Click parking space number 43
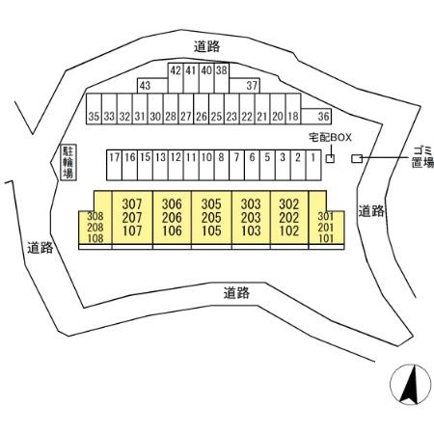pyautogui.click(x=146, y=86)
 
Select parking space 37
pyautogui.click(x=253, y=86)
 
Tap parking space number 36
pyautogui.click(x=323, y=116)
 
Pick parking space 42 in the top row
pyautogui.click(x=176, y=70)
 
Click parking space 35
pyautogui.click(x=94, y=116)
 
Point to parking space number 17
pyautogui.click(x=114, y=157)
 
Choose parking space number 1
pyautogui.click(x=313, y=157)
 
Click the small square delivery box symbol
pyautogui.click(x=330, y=158)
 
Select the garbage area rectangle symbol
pyautogui.click(x=356, y=158)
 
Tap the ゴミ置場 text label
pyautogui.click(x=422, y=156)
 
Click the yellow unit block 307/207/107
pyautogui.click(x=133, y=217)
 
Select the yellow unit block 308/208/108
pyautogui.click(x=95, y=228)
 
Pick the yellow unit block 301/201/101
pyautogui.click(x=325, y=228)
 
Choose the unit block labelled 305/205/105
pyautogui.click(x=212, y=217)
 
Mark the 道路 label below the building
pyautogui.click(x=236, y=292)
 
